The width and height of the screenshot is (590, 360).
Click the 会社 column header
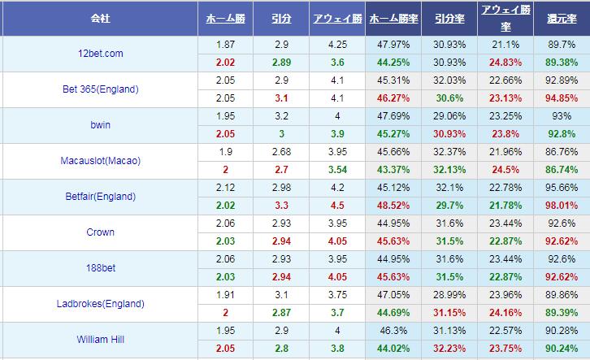pyautogui.click(x=100, y=17)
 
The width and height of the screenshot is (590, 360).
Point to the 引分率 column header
pyautogui.click(x=449, y=17)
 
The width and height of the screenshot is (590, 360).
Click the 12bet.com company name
pyautogui.click(x=100, y=54)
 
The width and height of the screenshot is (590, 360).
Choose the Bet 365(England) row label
pyautogui.click(x=100, y=89)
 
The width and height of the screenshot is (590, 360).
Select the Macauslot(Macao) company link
pyautogui.click(x=100, y=161)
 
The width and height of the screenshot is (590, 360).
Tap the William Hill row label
pyautogui.click(x=100, y=340)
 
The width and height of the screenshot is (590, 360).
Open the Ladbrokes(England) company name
pyautogui.click(x=100, y=304)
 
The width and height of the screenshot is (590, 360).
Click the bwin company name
pyautogui.click(x=100, y=125)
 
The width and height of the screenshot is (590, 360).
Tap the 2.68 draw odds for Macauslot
pyautogui.click(x=282, y=152)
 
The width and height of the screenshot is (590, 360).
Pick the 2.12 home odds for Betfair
pyautogui.click(x=226, y=188)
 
